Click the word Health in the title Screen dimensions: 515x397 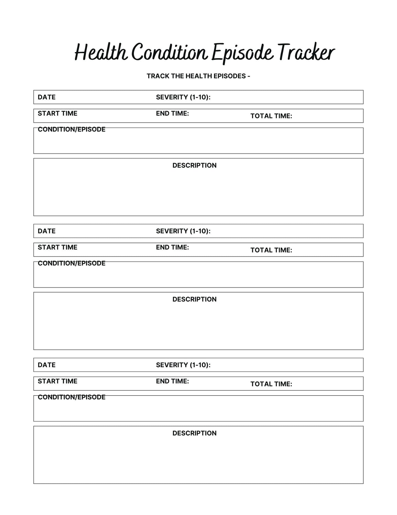(x=101, y=52)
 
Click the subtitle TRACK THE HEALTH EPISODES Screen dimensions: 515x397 (x=198, y=76)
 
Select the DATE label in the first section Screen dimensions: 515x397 (x=46, y=97)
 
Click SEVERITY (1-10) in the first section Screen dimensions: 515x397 (x=183, y=97)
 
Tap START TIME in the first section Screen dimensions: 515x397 (x=57, y=113)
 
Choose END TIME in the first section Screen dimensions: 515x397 (x=172, y=113)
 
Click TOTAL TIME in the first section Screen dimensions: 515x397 (x=271, y=116)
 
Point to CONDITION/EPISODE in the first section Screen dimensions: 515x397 (x=71, y=129)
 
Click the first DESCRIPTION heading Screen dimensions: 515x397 (x=194, y=165)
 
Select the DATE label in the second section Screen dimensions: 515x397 (x=46, y=231)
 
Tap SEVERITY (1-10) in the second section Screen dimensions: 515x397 (x=183, y=231)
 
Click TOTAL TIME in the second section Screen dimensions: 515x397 (x=271, y=250)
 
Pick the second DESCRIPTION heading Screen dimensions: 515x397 (x=194, y=299)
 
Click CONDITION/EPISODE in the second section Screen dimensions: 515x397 (x=71, y=263)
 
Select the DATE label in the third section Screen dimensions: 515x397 (x=46, y=365)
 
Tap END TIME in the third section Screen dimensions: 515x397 (x=172, y=381)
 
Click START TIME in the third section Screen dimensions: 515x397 (x=57, y=381)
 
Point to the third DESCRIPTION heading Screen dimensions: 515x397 (x=194, y=433)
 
